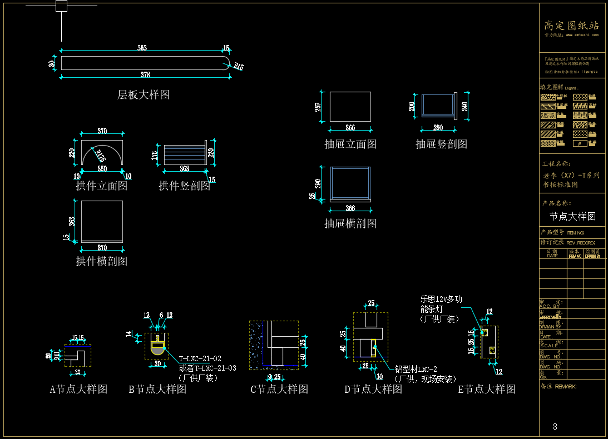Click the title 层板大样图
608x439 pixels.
click(143, 95)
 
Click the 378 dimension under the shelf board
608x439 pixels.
click(145, 74)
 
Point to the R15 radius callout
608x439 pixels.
click(239, 67)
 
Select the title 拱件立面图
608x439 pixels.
click(101, 186)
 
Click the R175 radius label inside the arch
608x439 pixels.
click(101, 156)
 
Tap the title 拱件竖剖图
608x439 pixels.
click(185, 186)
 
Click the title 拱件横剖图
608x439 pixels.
click(101, 261)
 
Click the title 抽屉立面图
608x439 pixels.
click(350, 144)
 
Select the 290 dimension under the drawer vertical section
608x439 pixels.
click(438, 128)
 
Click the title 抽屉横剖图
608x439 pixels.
click(350, 223)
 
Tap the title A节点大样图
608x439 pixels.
click(78, 389)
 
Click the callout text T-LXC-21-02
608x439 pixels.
click(200, 359)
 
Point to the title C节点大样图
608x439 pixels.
click(279, 389)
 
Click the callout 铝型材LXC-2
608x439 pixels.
click(416, 369)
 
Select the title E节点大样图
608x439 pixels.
click(487, 389)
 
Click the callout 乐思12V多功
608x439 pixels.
click(441, 299)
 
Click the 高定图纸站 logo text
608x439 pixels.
click(571, 26)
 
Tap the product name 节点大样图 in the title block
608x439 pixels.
click(572, 216)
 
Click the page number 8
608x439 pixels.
click(555, 427)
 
